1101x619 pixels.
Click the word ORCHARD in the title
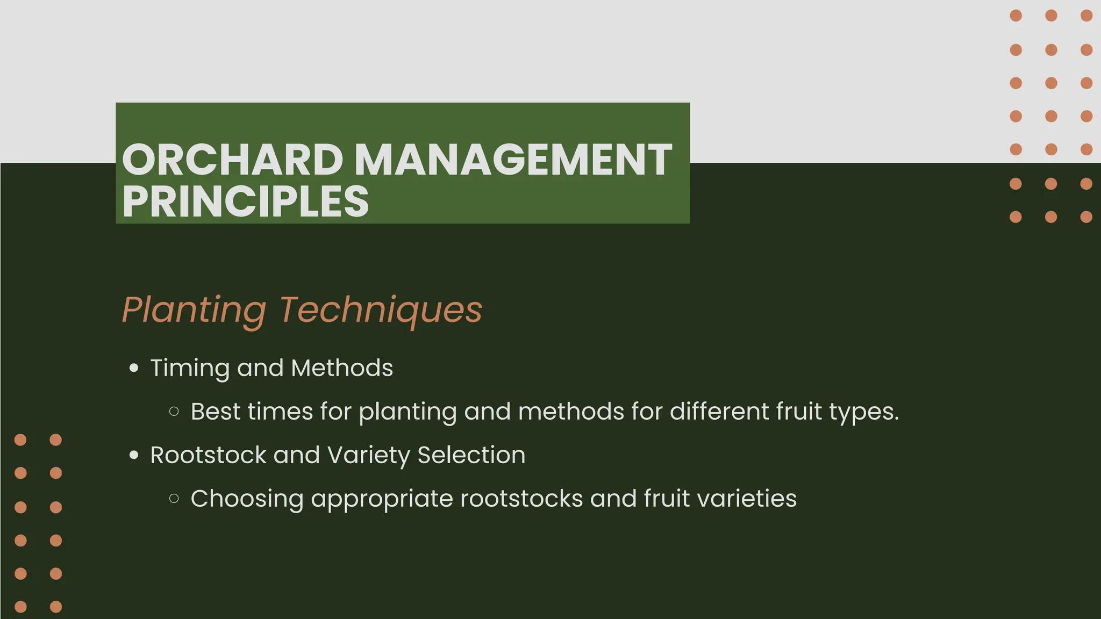pyautogui.click(x=232, y=160)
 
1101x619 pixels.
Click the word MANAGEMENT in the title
pyautogui.click(x=513, y=160)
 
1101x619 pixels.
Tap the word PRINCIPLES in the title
pyautogui.click(x=245, y=201)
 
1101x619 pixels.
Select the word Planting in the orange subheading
pyautogui.click(x=194, y=310)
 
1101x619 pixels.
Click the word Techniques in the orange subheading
pyautogui.click(x=381, y=310)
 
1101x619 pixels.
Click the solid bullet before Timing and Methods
pyautogui.click(x=134, y=369)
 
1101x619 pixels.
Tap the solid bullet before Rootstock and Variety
pyautogui.click(x=134, y=456)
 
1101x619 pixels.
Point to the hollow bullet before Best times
pyautogui.click(x=174, y=412)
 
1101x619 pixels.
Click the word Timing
pyautogui.click(x=190, y=369)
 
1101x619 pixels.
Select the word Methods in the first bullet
pyautogui.click(x=342, y=369)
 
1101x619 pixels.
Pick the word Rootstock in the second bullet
pyautogui.click(x=208, y=456)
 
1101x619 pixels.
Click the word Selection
pyautogui.click(x=471, y=456)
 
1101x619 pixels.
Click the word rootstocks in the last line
pyautogui.click(x=521, y=499)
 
